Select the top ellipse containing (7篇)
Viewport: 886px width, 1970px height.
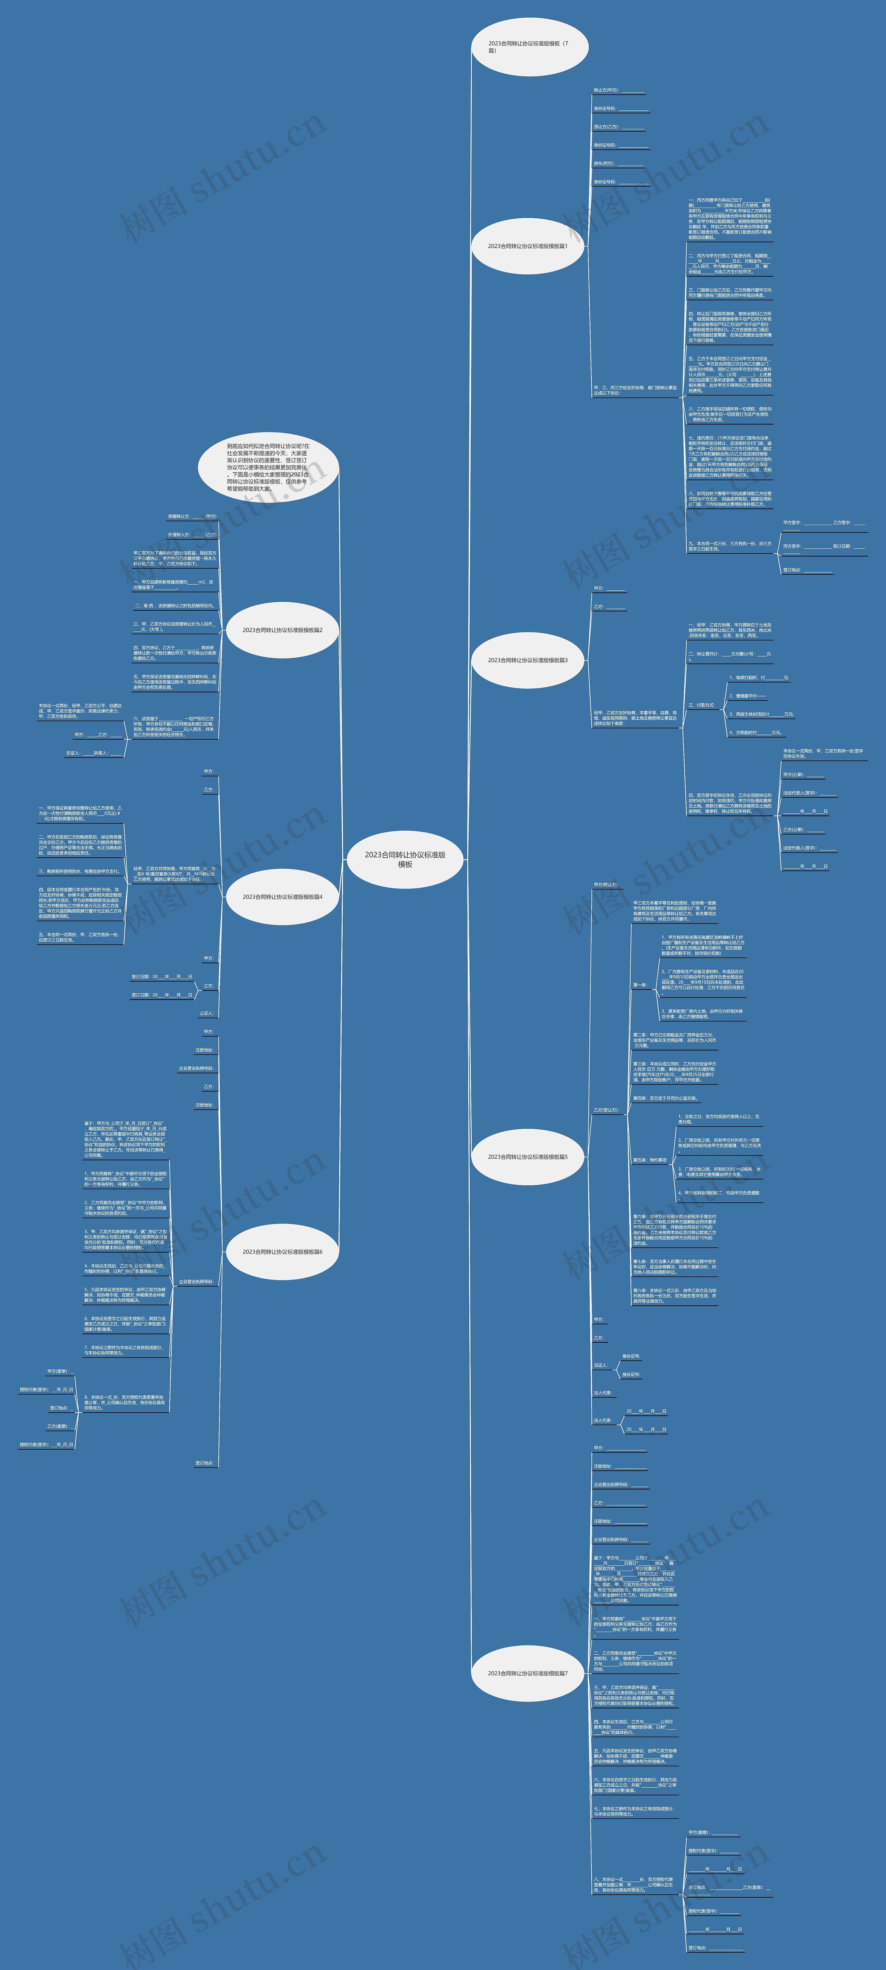click(x=530, y=47)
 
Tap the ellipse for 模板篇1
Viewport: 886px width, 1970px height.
click(x=528, y=246)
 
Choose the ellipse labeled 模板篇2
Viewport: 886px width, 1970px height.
click(x=282, y=630)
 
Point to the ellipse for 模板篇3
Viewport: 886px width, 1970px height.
click(x=528, y=660)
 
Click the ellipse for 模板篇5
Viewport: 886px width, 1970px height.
click(x=528, y=1156)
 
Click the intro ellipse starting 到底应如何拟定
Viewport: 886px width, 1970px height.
click(x=268, y=466)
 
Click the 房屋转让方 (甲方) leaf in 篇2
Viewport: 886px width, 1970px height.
click(x=191, y=516)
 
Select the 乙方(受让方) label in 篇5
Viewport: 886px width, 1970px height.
click(x=606, y=1110)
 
